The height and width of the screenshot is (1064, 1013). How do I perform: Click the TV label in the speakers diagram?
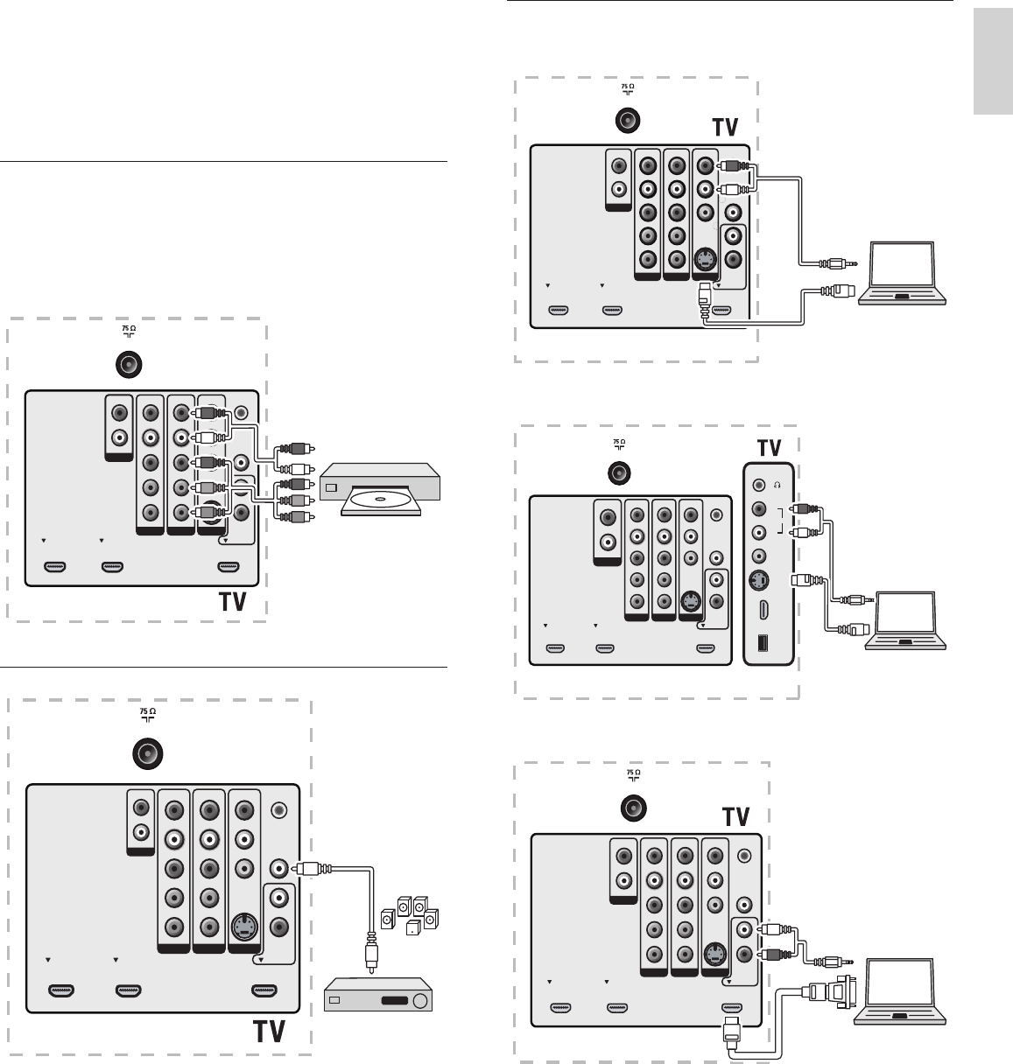270,1032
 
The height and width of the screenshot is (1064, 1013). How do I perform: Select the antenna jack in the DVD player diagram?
129,364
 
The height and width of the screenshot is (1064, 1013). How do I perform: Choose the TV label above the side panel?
769,447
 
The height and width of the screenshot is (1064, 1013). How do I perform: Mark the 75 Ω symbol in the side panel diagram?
618,442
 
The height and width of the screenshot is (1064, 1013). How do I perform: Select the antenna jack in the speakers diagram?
147,753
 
